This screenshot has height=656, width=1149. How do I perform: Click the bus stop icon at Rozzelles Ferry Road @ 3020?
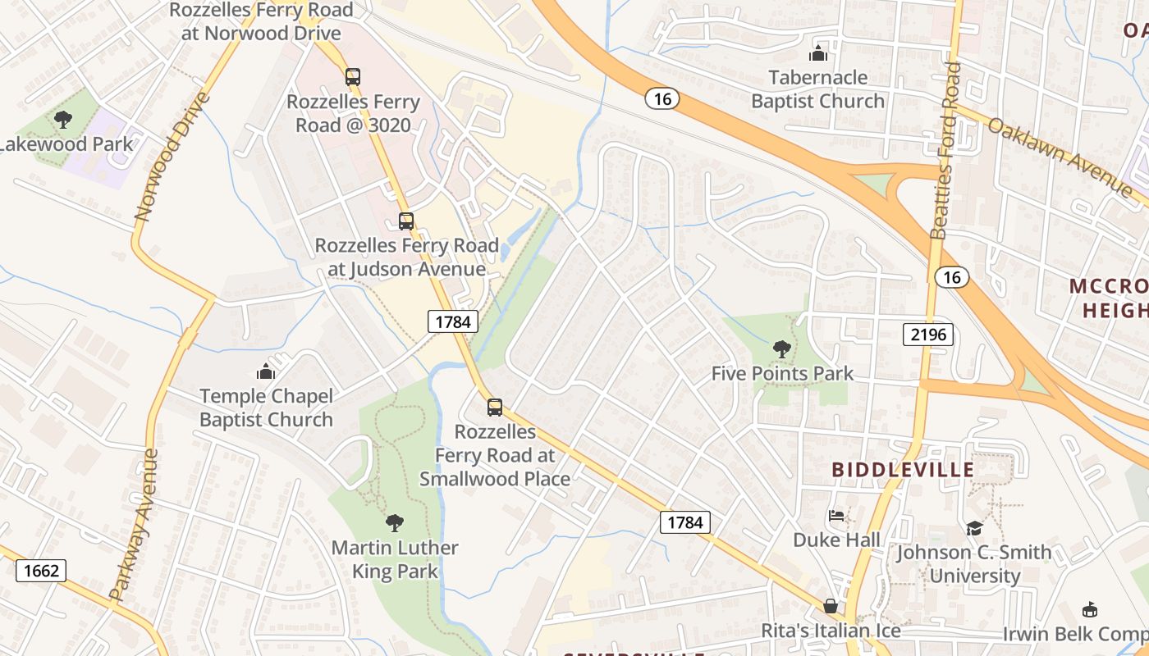(x=352, y=77)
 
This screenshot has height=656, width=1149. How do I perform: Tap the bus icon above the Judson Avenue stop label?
(x=406, y=221)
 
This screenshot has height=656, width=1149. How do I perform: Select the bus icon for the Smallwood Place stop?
(x=494, y=408)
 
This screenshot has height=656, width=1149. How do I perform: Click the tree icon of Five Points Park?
(x=781, y=349)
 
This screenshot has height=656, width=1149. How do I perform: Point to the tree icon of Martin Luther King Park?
(x=395, y=522)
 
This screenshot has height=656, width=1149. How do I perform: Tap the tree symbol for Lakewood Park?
(x=62, y=121)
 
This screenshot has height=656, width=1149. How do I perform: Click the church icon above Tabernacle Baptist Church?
(x=817, y=53)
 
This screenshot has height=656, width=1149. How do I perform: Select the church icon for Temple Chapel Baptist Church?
(x=265, y=371)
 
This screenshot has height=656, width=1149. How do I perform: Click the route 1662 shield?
(x=41, y=570)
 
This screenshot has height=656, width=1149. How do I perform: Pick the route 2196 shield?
(x=928, y=334)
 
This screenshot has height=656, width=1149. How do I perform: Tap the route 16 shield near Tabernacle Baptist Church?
(x=661, y=99)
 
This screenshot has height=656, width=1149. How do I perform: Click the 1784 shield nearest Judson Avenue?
(x=452, y=321)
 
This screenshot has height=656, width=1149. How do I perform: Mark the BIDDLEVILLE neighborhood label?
(x=903, y=470)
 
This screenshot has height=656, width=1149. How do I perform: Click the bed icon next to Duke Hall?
(x=835, y=516)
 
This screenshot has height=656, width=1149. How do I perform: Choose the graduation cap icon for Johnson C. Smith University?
(x=974, y=528)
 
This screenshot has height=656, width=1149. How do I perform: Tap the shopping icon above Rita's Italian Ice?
(x=831, y=606)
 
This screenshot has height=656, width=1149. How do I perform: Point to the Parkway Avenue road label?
(x=133, y=525)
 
